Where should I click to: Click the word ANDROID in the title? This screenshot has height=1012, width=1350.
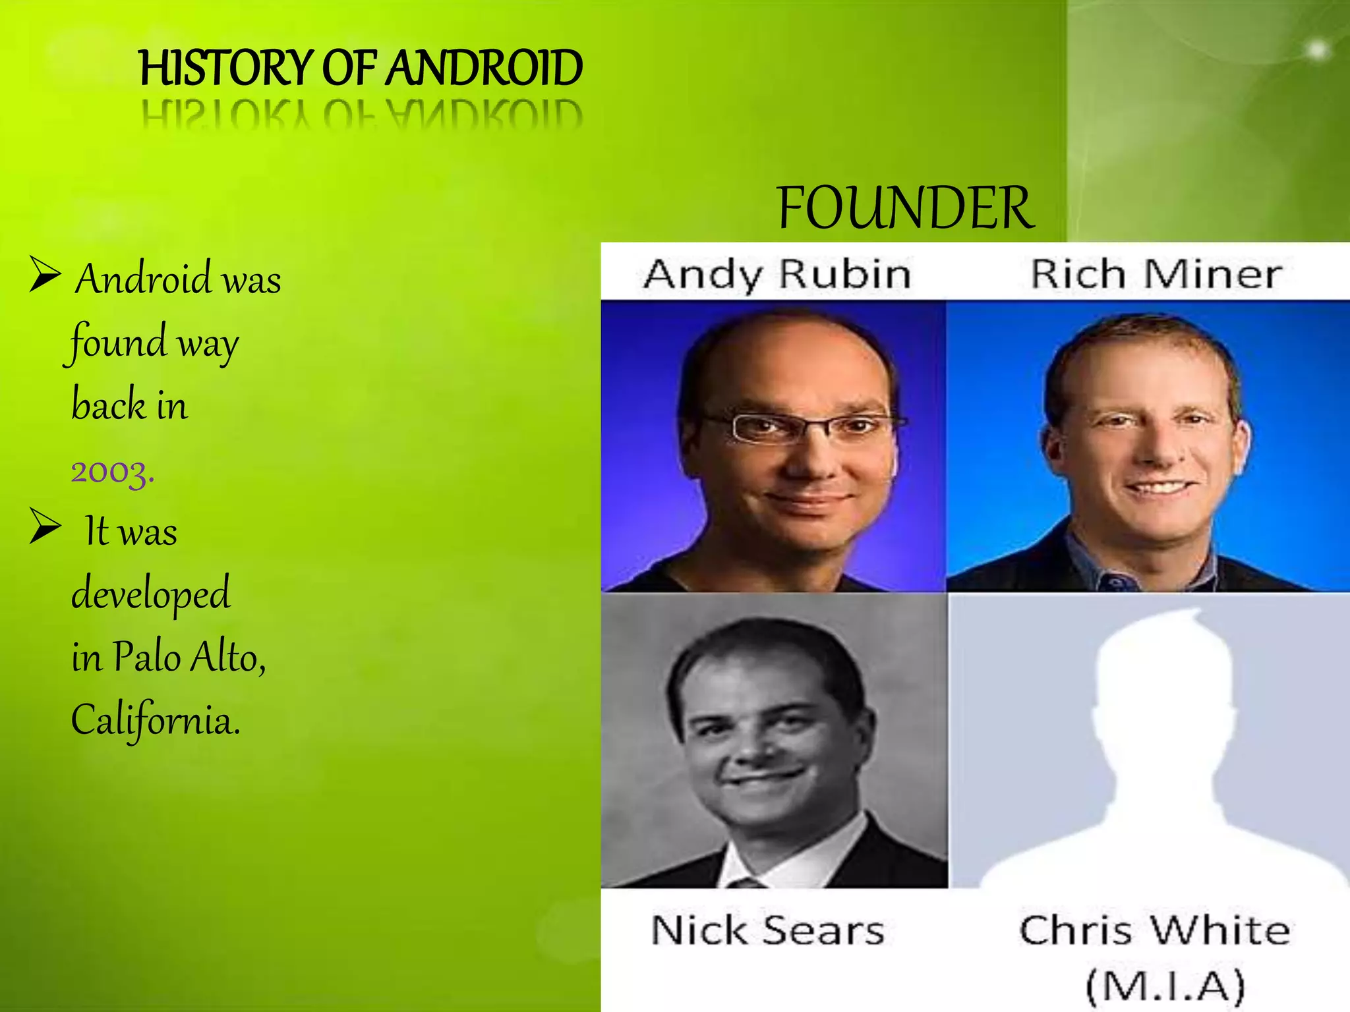pyautogui.click(x=484, y=68)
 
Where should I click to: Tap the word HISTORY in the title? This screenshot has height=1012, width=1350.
pyautogui.click(x=225, y=68)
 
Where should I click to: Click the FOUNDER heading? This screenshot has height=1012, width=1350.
pyautogui.click(x=905, y=208)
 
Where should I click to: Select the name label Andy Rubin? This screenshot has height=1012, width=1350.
pyautogui.click(x=777, y=274)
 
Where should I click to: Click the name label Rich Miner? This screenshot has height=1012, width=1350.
pyautogui.click(x=1156, y=274)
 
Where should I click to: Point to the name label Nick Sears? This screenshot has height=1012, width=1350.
pyautogui.click(x=767, y=930)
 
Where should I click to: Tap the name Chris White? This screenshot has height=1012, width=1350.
pyautogui.click(x=1154, y=930)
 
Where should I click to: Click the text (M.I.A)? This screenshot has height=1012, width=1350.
pyautogui.click(x=1165, y=986)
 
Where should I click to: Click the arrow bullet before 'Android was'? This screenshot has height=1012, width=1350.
pyautogui.click(x=45, y=275)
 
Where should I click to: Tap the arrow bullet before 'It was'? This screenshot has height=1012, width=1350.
pyautogui.click(x=45, y=527)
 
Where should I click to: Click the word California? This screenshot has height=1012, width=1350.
pyautogui.click(x=156, y=719)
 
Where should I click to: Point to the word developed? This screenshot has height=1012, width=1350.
pyautogui.click(x=151, y=594)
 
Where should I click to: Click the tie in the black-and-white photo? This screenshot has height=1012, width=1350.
pyautogui.click(x=745, y=883)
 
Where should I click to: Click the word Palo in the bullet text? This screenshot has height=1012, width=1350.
pyautogui.click(x=146, y=657)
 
